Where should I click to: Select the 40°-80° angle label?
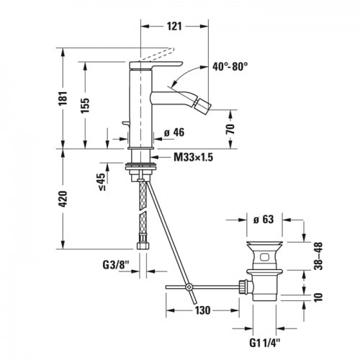pos(229,66)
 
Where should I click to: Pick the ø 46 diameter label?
pos(177,132)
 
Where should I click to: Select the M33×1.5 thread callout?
pos(191,157)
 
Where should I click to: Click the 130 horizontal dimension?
pos(202,310)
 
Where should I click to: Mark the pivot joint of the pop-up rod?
pos(189,288)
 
